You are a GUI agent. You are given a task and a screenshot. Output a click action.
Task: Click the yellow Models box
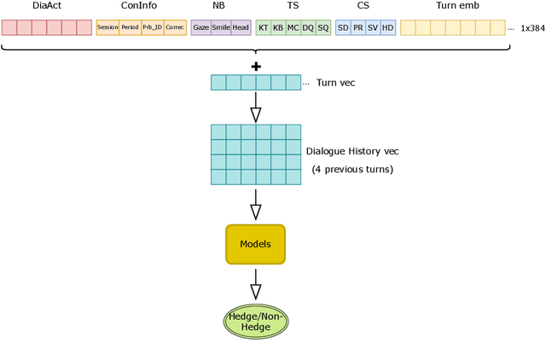point(254,244)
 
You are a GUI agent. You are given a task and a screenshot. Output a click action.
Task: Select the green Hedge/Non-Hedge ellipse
point(257,321)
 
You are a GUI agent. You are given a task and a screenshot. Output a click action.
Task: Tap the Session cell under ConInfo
point(107,28)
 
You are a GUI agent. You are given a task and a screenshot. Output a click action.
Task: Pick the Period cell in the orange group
point(130,28)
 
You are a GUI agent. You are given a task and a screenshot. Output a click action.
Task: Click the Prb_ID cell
point(152,28)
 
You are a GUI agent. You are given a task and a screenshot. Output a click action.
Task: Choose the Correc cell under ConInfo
point(175,28)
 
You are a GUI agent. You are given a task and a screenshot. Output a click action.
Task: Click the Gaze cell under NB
point(200,28)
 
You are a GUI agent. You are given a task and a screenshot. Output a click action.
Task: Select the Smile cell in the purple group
point(221,28)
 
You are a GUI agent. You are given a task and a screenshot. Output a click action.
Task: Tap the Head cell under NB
point(241,28)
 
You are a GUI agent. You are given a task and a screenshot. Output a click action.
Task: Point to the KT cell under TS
point(264,28)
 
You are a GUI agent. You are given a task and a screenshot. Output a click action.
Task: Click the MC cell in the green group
point(293,28)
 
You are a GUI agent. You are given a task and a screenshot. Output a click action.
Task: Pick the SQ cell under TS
point(322,28)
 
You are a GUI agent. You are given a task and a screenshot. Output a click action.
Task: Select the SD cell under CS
point(343,28)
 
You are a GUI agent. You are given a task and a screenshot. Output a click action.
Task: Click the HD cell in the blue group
point(388,28)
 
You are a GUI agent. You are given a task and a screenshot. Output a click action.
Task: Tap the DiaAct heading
point(47,6)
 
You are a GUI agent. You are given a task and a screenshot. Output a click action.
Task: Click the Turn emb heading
point(452,6)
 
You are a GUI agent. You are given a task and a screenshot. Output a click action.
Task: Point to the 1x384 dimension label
point(532,28)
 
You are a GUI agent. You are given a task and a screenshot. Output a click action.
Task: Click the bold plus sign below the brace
point(256,67)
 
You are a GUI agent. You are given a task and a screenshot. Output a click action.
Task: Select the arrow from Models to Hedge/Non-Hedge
point(255,282)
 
